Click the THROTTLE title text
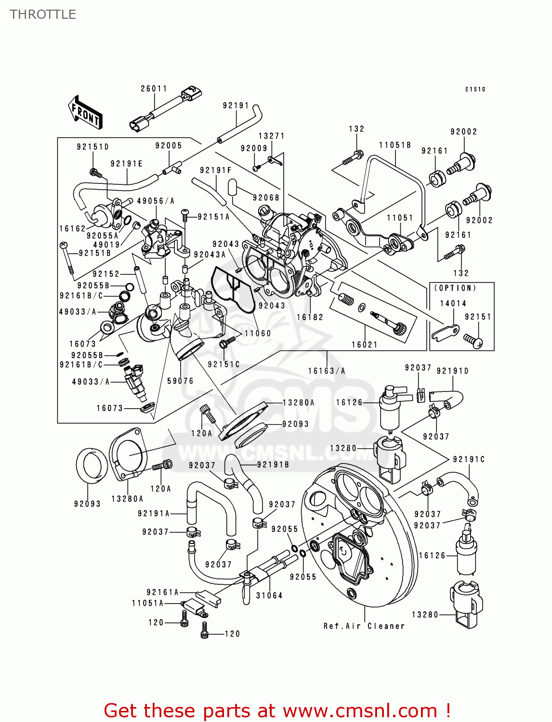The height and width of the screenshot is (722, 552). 43,14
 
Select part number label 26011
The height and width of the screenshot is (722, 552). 154,89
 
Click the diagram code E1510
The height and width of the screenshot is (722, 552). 475,90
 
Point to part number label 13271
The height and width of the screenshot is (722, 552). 272,136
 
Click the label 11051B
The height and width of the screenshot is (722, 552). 395,145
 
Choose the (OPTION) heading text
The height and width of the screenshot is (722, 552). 455,288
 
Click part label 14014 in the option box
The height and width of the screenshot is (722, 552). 453,303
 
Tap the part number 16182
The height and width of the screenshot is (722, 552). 310,317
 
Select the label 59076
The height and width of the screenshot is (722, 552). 180,381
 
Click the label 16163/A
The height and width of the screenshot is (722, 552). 327,371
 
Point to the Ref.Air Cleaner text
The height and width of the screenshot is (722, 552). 364,626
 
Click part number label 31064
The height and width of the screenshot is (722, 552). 269,595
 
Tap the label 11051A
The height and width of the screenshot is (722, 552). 148,603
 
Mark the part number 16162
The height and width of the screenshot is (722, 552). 72,229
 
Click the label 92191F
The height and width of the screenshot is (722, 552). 216,170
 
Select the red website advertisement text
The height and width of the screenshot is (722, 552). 277,710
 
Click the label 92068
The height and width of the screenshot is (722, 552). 266,197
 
